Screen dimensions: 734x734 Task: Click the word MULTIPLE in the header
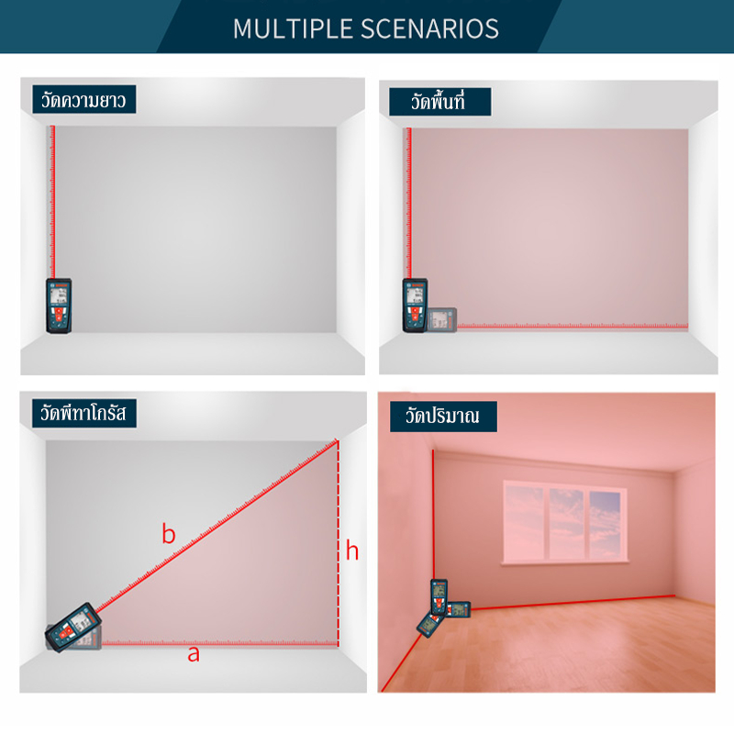(292, 28)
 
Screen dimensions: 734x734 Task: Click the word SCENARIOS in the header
(429, 28)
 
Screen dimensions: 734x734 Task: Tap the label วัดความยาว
(83, 99)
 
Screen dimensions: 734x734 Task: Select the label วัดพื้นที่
(439, 102)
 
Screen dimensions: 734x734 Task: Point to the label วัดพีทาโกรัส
(84, 413)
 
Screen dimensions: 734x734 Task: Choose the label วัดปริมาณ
(443, 417)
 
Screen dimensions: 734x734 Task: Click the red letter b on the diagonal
(169, 534)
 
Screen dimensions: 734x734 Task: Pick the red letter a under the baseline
(194, 654)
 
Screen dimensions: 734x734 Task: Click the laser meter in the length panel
(59, 306)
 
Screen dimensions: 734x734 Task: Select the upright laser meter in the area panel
(415, 306)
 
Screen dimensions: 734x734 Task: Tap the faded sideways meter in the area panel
(442, 319)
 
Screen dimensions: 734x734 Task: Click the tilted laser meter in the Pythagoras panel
(73, 627)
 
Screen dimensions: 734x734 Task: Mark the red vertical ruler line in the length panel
(52, 202)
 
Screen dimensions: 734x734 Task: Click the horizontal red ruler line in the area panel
(573, 326)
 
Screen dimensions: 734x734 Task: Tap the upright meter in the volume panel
(439, 597)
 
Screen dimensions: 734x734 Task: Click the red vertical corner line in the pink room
(433, 515)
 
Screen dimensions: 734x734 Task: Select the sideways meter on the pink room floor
(458, 609)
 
